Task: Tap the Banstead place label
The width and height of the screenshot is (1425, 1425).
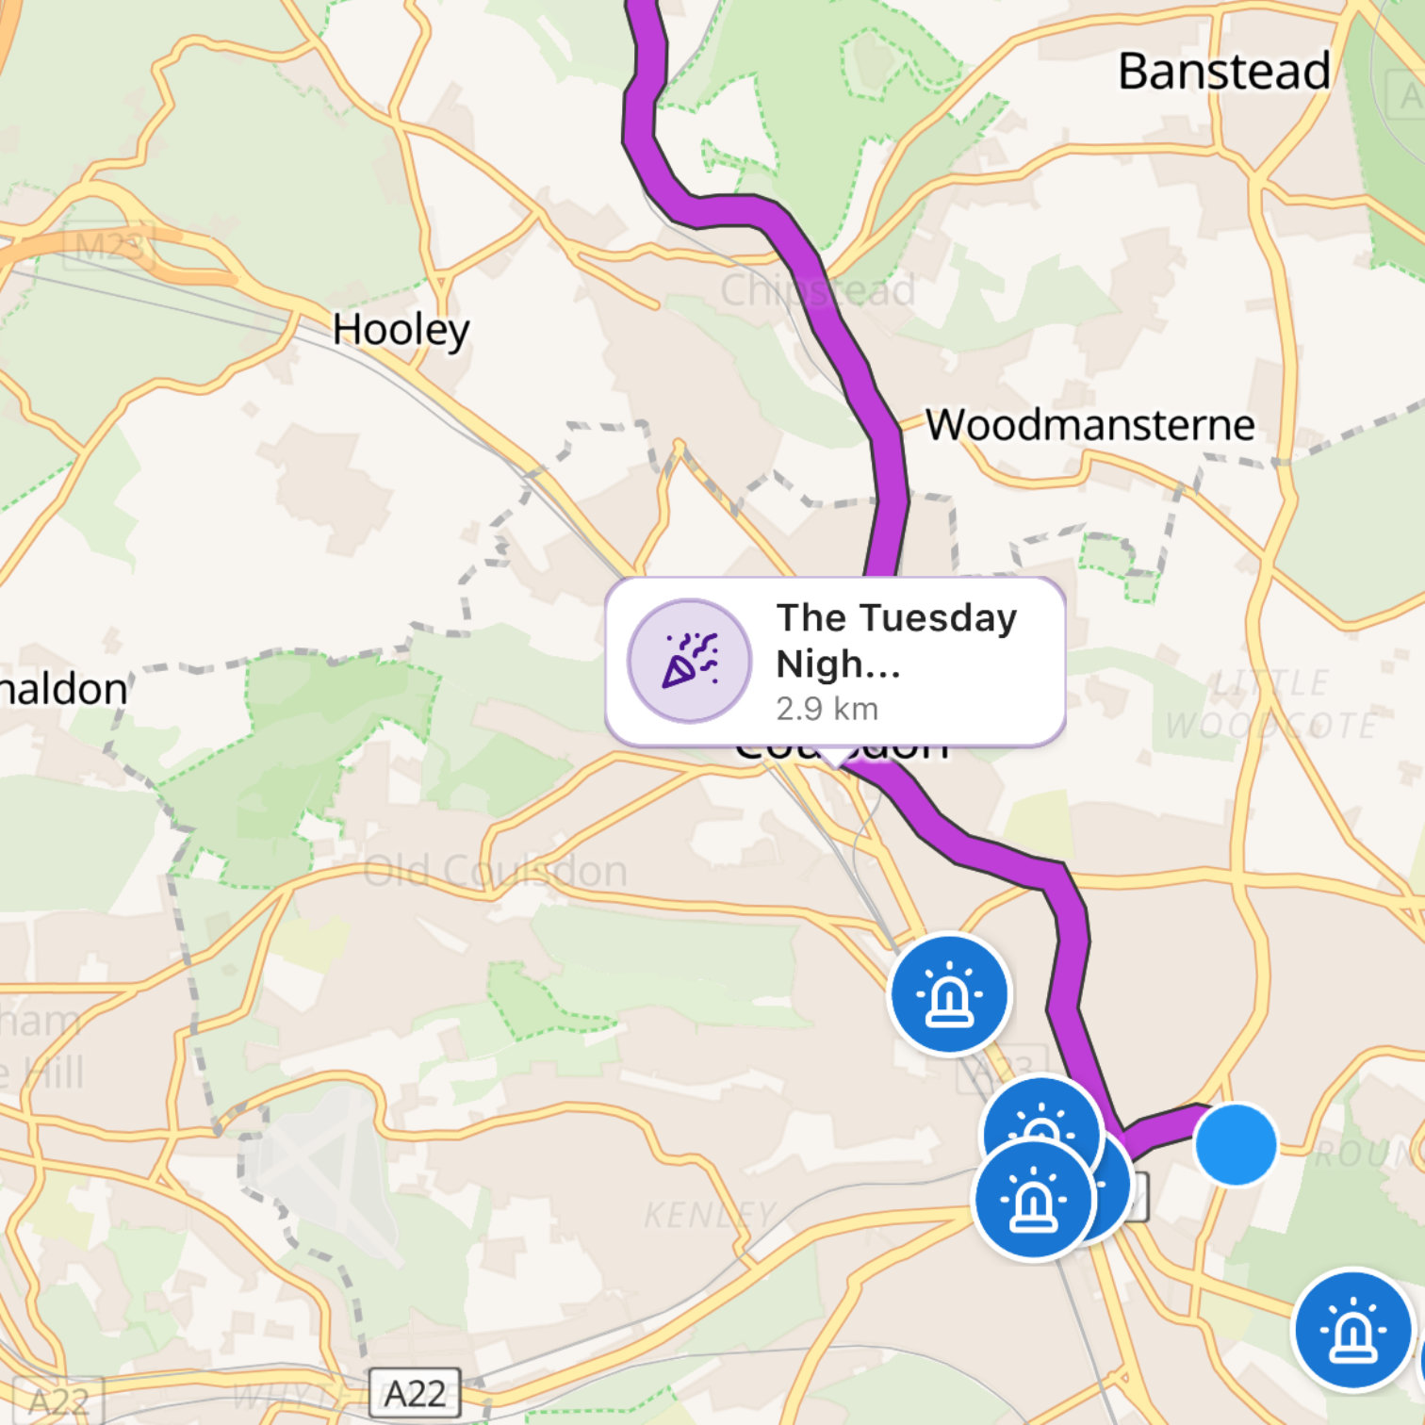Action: tap(1223, 72)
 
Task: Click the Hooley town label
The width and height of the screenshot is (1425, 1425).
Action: tap(401, 330)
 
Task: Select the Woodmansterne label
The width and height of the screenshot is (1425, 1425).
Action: tap(1089, 425)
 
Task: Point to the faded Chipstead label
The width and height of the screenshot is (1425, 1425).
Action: tap(817, 290)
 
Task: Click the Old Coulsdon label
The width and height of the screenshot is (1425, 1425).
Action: tap(496, 871)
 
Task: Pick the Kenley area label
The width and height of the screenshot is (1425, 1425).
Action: tap(710, 1215)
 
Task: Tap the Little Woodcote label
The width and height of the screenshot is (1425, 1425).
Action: tap(1270, 704)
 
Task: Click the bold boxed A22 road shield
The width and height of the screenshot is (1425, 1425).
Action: tap(415, 1393)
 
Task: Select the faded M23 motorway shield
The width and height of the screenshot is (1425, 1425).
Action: tap(108, 247)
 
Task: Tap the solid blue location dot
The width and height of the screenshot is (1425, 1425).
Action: tap(1236, 1144)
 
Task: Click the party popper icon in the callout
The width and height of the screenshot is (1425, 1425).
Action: tap(690, 661)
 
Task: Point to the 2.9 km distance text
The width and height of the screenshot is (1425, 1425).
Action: tap(827, 709)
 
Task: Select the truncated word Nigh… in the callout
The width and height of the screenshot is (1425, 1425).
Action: tap(838, 663)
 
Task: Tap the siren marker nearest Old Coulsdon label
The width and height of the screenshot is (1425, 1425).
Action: tap(950, 993)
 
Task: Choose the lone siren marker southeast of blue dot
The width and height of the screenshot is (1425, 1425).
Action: tap(1353, 1330)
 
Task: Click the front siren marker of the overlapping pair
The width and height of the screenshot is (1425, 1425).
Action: tap(1033, 1200)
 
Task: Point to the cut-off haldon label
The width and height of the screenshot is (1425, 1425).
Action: tap(62, 689)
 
